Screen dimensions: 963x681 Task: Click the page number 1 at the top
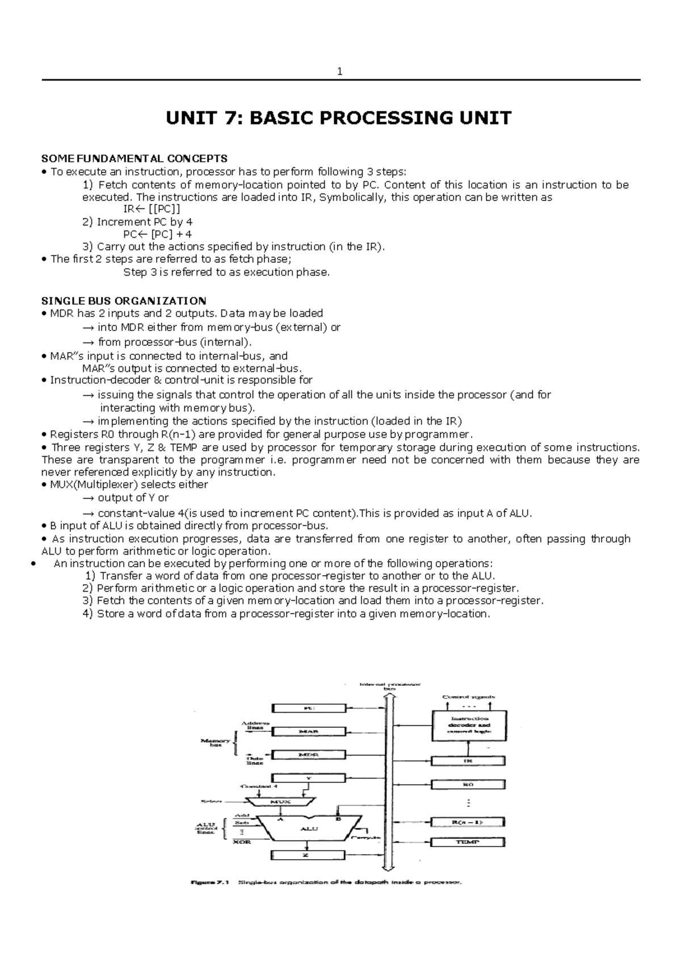340,72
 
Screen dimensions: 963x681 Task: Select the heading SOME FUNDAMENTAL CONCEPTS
134,158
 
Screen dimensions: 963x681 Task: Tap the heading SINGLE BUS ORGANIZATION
124,301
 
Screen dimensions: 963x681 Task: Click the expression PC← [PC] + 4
157,234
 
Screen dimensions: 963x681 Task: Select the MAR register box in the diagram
309,731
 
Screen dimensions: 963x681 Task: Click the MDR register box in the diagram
309,755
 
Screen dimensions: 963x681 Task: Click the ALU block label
309,828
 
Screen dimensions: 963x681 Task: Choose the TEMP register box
468,842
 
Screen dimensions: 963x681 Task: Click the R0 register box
468,784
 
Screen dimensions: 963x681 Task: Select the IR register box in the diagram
468,761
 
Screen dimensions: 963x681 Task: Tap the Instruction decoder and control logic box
468,725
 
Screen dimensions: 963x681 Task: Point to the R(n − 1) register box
468,822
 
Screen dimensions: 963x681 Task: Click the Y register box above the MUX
309,777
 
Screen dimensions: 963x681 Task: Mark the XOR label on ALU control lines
242,842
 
